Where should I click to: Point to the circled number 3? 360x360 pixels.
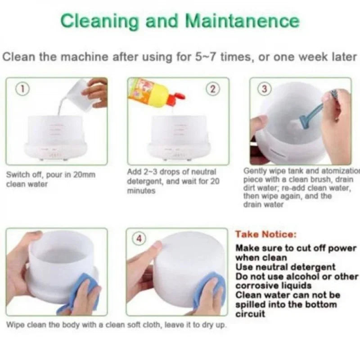pos(264,89)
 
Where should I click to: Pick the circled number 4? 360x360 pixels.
pos(139,239)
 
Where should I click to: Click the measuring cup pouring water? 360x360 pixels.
pos(75,92)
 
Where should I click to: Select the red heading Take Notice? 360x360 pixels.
pos(266,234)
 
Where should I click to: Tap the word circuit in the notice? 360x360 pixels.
pos(250,314)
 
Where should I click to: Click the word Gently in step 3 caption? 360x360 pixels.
pos(255,171)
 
